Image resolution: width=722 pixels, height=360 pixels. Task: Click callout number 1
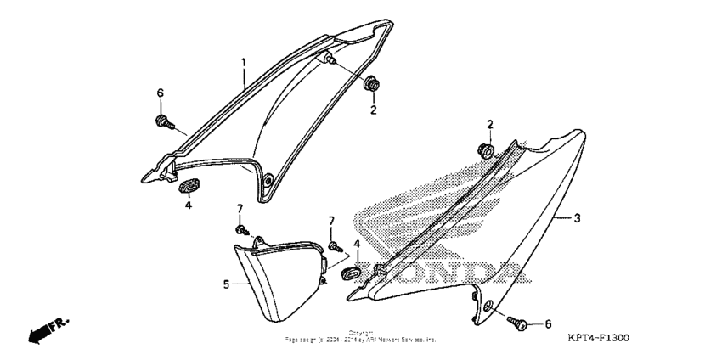(243, 63)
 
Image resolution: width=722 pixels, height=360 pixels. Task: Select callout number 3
(577, 218)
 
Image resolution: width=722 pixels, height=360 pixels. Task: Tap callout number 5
(226, 284)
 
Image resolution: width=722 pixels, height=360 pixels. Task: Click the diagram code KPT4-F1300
(598, 338)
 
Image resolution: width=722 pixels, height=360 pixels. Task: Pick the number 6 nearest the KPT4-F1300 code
(548, 323)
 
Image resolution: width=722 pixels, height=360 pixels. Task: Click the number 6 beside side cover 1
(160, 93)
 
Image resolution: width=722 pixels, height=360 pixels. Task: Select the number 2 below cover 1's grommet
(372, 110)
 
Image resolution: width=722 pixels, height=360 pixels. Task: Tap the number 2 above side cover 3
(490, 125)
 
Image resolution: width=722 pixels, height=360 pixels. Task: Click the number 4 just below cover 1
(189, 205)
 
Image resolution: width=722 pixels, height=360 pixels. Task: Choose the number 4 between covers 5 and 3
(357, 245)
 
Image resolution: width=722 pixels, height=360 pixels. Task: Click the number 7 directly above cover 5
(240, 209)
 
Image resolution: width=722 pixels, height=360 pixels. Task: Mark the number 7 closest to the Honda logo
(332, 221)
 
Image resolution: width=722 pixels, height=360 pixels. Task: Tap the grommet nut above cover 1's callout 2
(371, 85)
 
